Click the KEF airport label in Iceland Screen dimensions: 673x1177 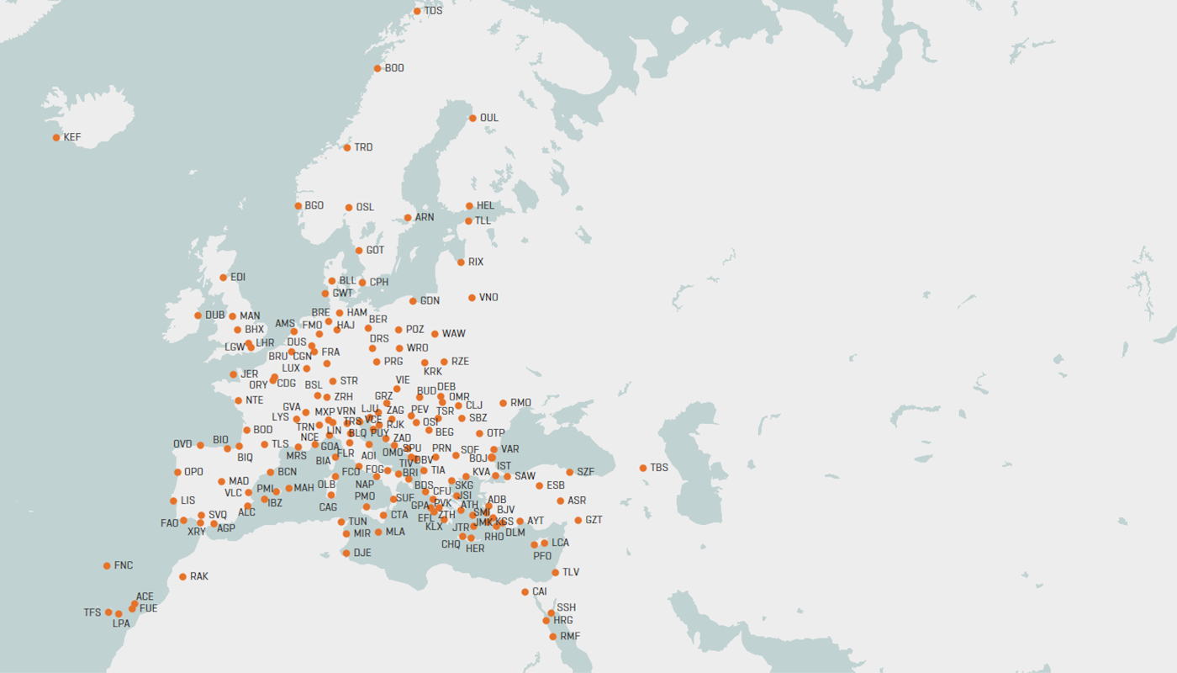pos(72,137)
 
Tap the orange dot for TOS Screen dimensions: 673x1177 pos(417,11)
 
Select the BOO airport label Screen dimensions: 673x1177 pos(394,68)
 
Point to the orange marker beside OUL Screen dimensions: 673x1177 pos(472,119)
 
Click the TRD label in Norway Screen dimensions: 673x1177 pos(363,147)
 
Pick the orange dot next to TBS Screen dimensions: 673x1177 pos(643,468)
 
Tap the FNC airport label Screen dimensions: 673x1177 pos(124,565)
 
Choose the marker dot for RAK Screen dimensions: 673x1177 pos(182,577)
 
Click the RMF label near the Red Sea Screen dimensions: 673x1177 pos(570,636)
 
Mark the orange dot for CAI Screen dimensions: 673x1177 pos(525,592)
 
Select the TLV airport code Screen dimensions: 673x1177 pos(571,572)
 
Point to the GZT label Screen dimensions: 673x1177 pos(594,520)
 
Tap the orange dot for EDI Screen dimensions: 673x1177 pos(223,278)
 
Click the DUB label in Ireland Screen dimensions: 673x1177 pos(215,315)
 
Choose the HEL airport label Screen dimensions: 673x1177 pos(485,205)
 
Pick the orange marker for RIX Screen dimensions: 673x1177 pos(461,262)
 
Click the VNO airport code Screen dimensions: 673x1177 pos(488,297)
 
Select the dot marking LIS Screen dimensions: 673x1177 pos(173,501)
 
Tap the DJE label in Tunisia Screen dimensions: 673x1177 pos(362,553)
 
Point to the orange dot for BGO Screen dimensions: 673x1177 pos(298,206)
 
